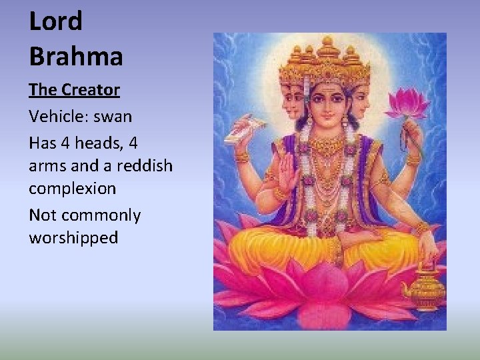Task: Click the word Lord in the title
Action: tap(55, 21)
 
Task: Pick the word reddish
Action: tap(144, 165)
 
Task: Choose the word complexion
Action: tap(72, 189)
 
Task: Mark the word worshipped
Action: tap(73, 238)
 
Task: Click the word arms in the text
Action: tap(48, 165)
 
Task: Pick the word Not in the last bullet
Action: tap(42, 216)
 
